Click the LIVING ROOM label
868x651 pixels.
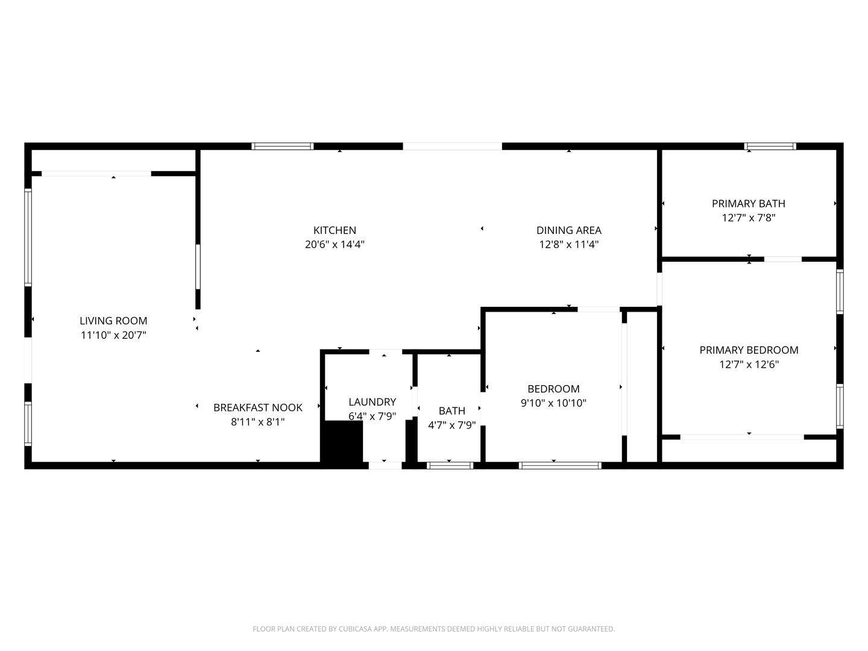click(113, 321)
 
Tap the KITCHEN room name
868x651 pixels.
click(335, 230)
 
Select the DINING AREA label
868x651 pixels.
click(568, 230)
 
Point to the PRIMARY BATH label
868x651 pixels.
click(748, 204)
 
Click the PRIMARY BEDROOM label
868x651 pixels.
click(749, 350)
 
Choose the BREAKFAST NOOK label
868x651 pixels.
click(257, 407)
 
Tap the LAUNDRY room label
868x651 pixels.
click(372, 402)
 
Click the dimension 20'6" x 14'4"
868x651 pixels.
click(335, 245)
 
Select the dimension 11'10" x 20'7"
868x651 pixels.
click(113, 335)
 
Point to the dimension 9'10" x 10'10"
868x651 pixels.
click(553, 403)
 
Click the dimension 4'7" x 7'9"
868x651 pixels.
click(451, 425)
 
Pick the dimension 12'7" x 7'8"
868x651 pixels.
click(748, 218)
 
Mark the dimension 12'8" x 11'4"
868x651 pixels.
click(568, 245)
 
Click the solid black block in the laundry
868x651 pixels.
click(342, 442)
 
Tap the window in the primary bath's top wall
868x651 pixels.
click(770, 146)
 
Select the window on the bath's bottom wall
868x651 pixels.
click(450, 465)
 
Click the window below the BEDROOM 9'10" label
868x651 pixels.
click(560, 465)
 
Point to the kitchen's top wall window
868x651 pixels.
click(282, 146)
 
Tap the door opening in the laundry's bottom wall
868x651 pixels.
click(385, 465)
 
